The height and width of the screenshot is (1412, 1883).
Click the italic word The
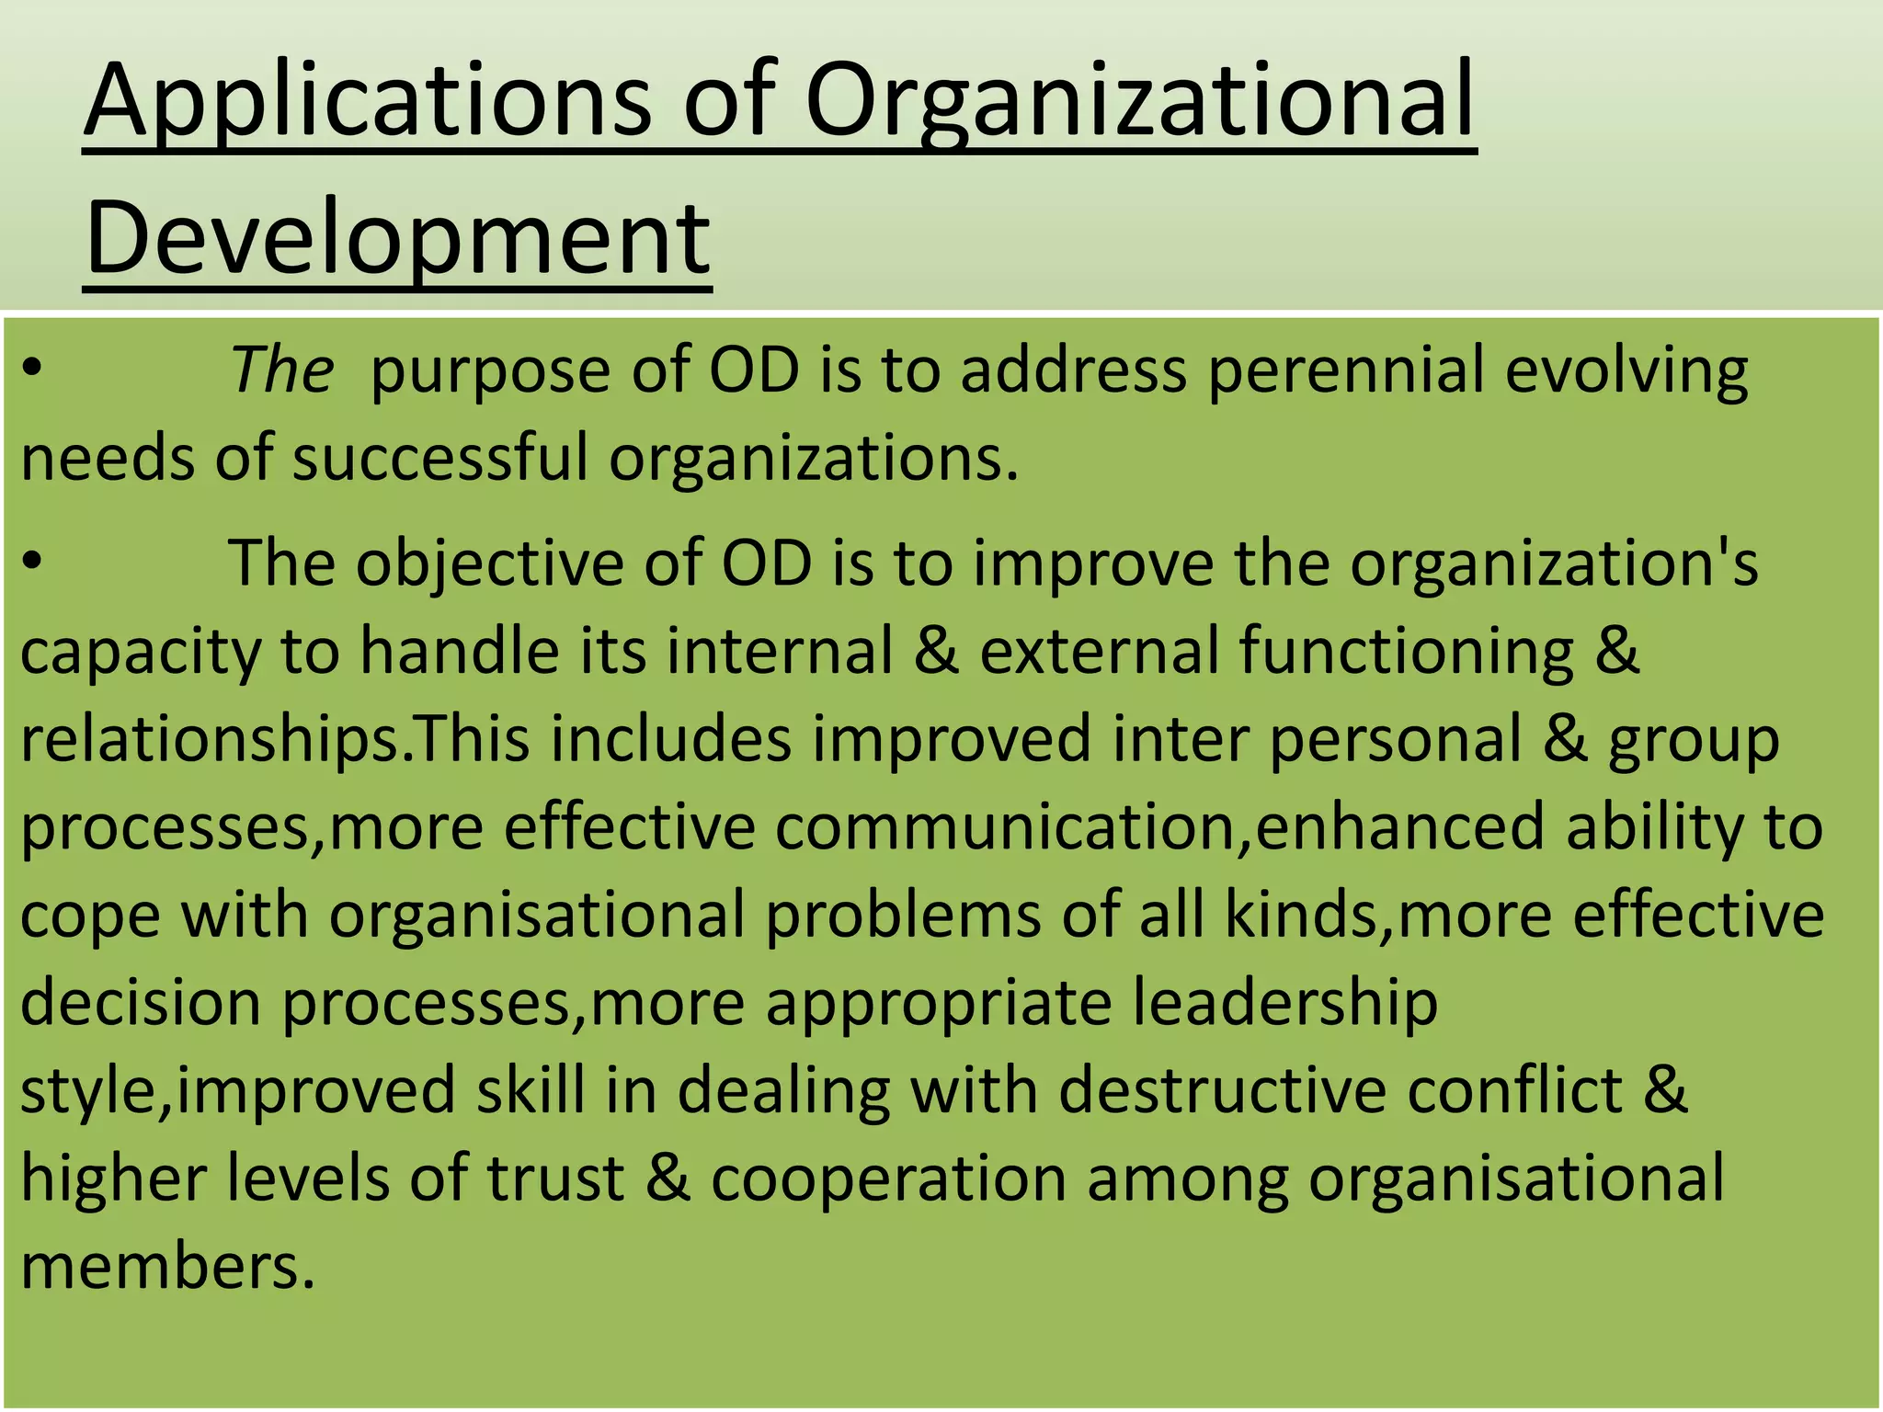(281, 370)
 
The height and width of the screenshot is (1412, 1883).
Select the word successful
(439, 457)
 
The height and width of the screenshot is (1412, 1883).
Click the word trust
(555, 1179)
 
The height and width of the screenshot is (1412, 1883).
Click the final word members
(167, 1267)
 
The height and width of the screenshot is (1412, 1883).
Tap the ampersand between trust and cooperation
(668, 1179)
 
